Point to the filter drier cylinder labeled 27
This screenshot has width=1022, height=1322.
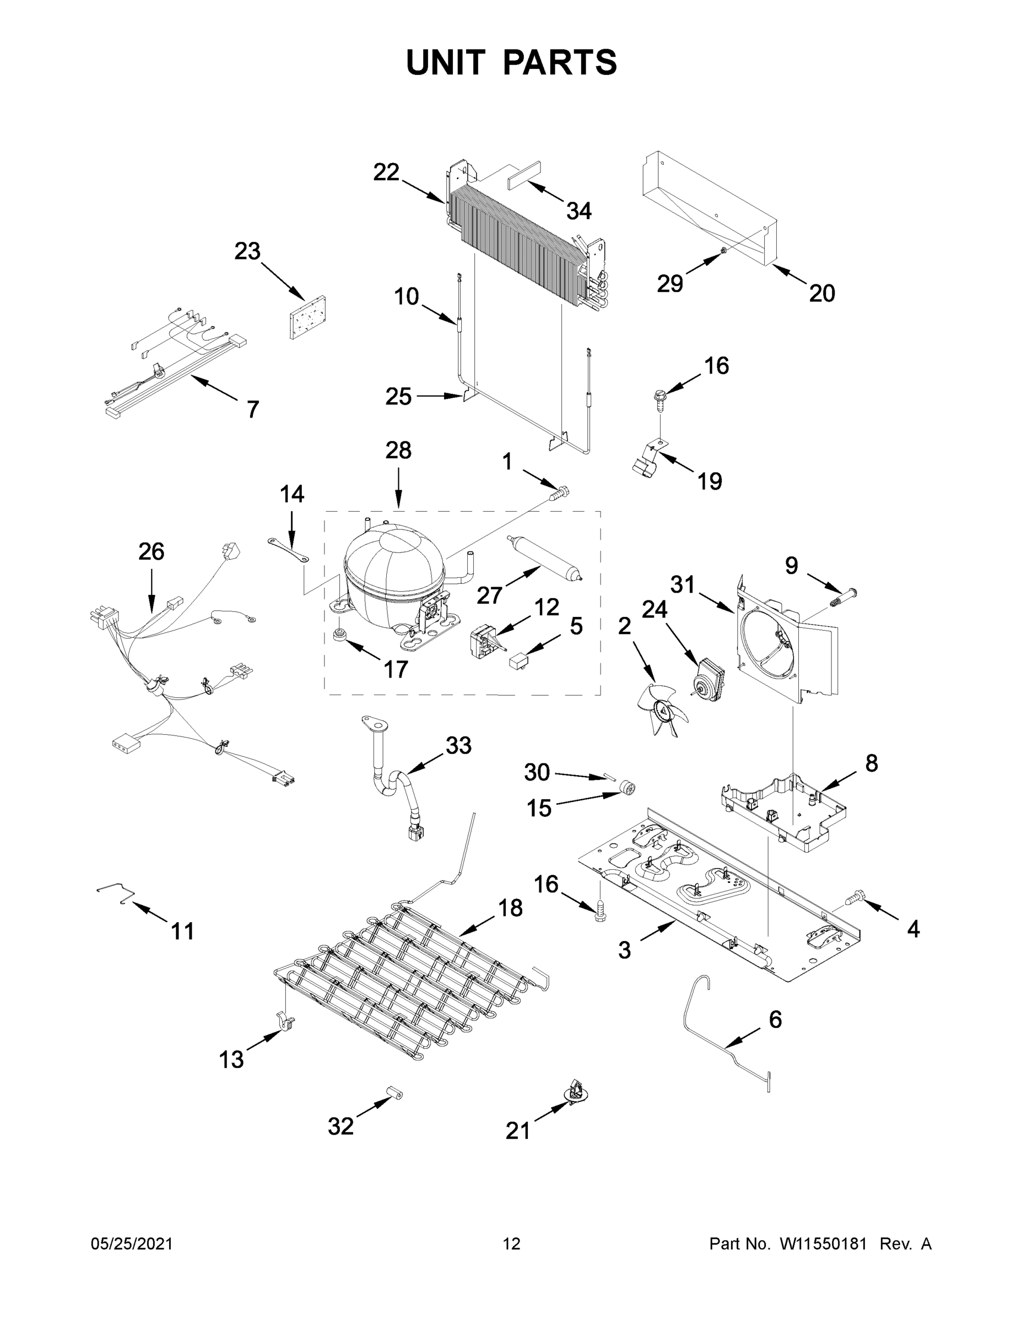click(544, 557)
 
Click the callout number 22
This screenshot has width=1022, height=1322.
click(386, 172)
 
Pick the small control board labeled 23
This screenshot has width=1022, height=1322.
click(307, 317)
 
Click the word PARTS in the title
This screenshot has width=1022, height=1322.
click(559, 62)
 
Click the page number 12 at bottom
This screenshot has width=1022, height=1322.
click(512, 1244)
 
